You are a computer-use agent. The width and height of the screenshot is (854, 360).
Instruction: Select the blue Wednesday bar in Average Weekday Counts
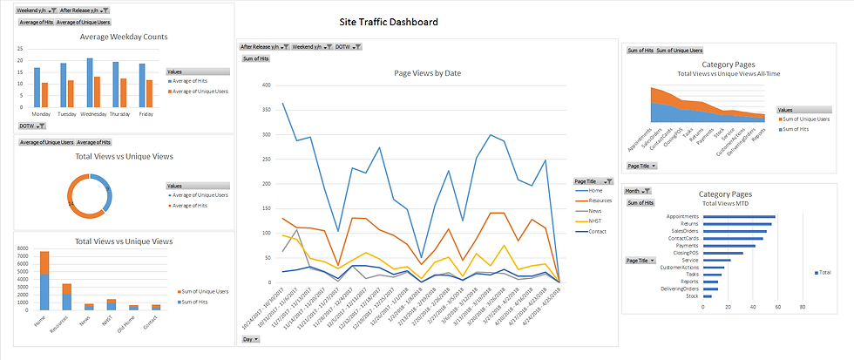[x=90, y=82]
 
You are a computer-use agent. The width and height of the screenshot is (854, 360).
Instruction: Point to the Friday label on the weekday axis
[x=146, y=114]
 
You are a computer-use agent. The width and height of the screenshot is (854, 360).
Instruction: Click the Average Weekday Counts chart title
[x=124, y=37]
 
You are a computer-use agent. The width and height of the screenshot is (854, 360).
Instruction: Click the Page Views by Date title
[x=427, y=73]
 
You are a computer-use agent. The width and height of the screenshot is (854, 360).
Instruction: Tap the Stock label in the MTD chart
[x=693, y=296]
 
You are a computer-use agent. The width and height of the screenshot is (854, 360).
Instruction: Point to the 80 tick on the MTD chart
[x=802, y=307]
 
